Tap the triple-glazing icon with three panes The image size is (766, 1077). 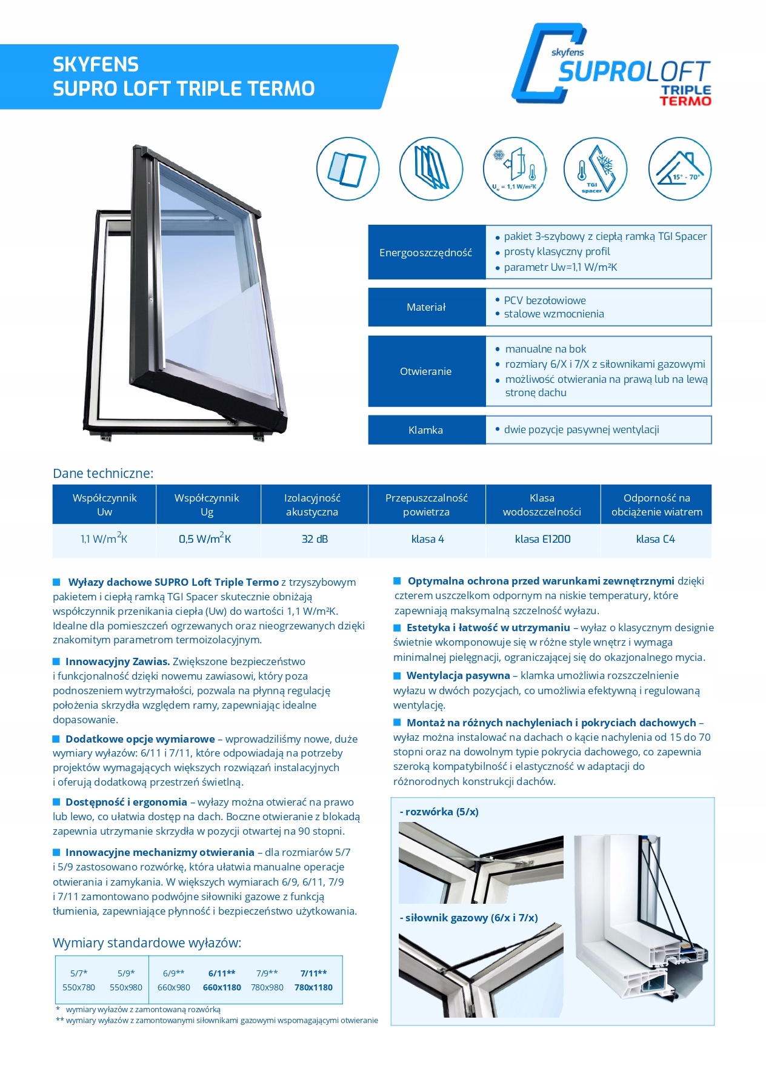(431, 168)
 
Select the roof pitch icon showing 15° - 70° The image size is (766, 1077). (679, 168)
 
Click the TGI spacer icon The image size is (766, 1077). (595, 168)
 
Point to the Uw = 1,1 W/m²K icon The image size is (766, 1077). (515, 168)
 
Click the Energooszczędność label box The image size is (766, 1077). (426, 253)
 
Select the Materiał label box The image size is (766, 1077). (426, 307)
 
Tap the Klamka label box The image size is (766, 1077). (426, 430)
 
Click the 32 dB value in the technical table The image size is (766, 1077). (315, 539)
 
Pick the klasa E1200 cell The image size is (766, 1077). (542, 539)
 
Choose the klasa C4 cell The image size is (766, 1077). (655, 539)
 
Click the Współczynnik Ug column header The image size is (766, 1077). (207, 505)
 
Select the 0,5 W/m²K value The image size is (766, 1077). (205, 539)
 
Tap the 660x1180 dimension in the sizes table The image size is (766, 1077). (222, 987)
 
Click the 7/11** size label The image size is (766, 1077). (313, 973)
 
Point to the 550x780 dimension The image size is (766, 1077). (79, 987)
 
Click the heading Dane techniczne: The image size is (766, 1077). (103, 474)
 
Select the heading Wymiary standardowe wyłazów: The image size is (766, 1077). (147, 943)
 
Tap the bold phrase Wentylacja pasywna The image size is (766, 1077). (458, 675)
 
